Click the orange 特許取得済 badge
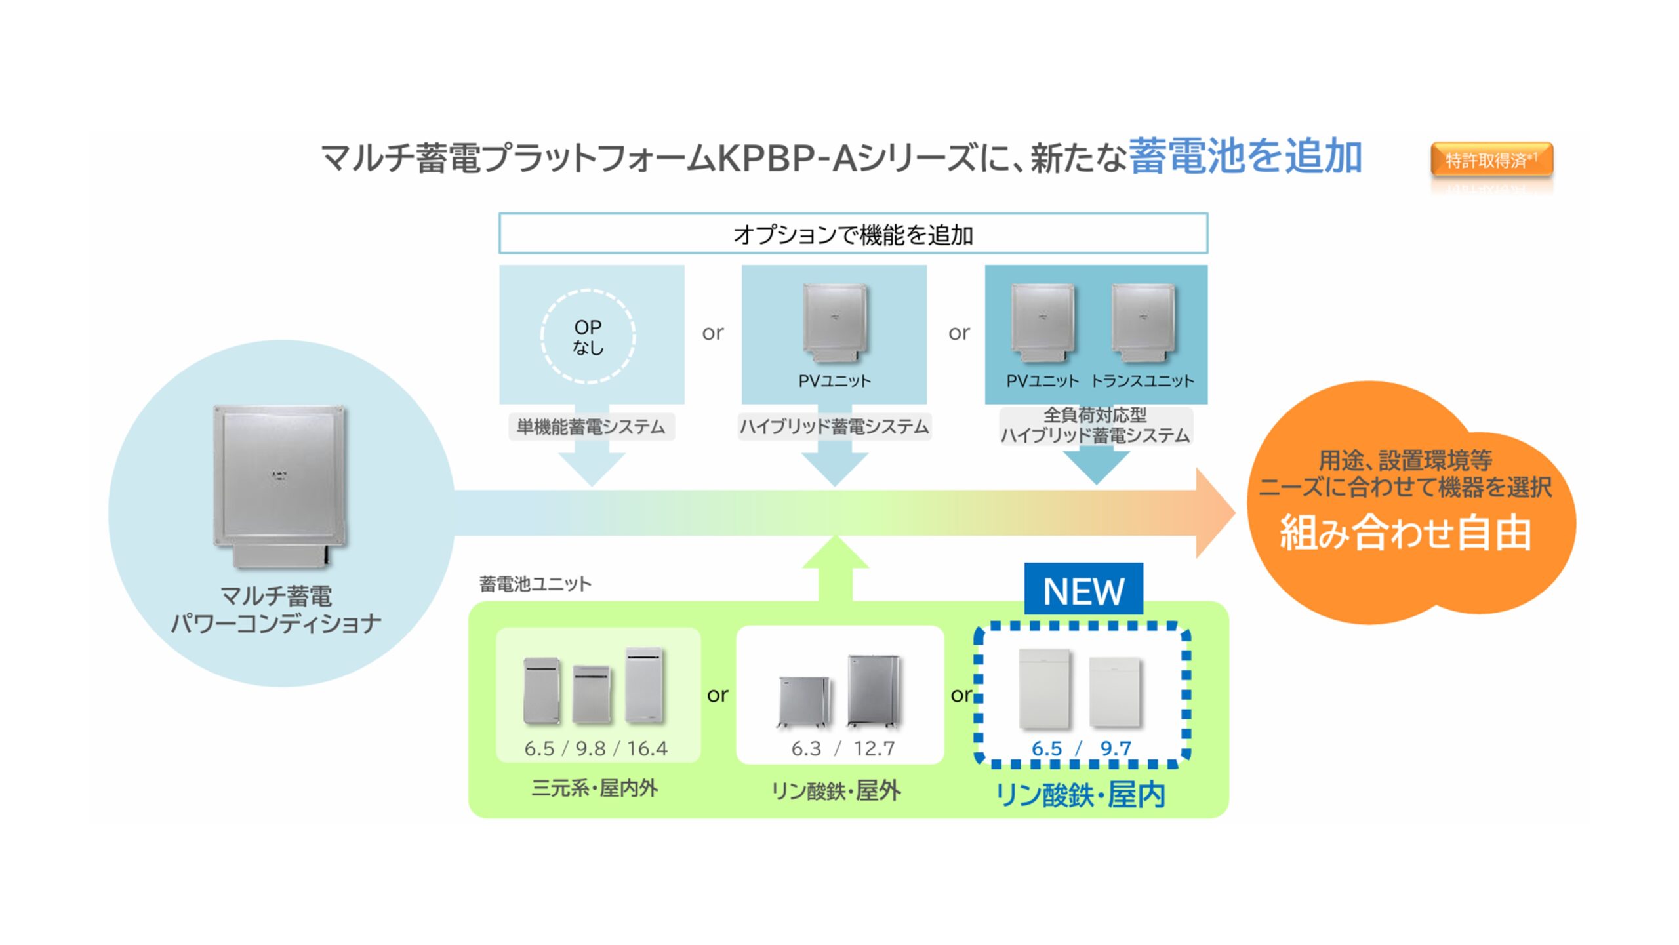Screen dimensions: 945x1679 coord(1491,160)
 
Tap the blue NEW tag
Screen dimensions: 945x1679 coord(1083,591)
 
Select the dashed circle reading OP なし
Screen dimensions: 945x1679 coord(588,336)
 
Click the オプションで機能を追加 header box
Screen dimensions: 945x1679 coord(853,234)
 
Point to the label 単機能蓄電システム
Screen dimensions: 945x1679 coord(591,427)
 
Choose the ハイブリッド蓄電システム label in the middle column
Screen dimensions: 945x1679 coord(834,427)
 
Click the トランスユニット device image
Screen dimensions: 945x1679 coord(1143,322)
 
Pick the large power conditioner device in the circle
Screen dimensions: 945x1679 coord(280,485)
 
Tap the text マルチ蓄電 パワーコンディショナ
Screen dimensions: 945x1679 coord(276,610)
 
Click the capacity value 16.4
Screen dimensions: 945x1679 coord(647,748)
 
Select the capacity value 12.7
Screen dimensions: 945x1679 coord(874,748)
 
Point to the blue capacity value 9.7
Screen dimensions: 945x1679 coord(1115,748)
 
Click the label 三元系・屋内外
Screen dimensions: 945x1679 coord(595,788)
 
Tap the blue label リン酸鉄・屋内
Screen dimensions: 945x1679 coord(1080,795)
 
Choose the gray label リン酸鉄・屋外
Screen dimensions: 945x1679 coord(836,791)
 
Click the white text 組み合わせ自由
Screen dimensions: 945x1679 coord(1406,533)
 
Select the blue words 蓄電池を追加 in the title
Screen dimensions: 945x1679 coord(1245,157)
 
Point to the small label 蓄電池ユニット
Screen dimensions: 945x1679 coord(535,584)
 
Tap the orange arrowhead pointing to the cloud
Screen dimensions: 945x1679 coord(1214,513)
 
